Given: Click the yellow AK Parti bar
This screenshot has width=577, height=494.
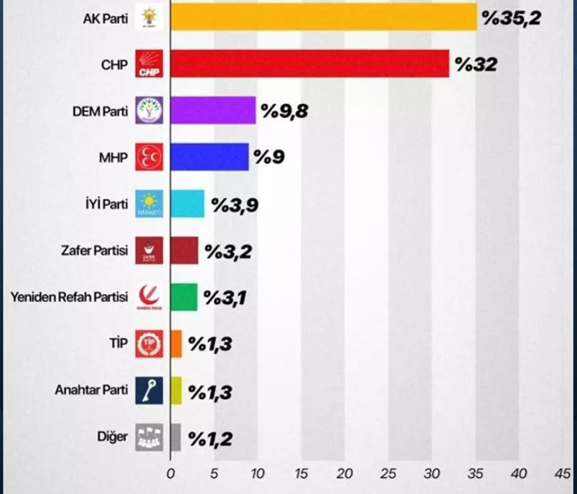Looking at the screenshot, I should click(324, 17).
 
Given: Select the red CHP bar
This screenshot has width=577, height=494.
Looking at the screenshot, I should click(309, 64).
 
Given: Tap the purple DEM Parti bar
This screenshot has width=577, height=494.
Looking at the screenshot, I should click(213, 110).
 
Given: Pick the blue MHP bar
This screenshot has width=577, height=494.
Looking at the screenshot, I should click(210, 157).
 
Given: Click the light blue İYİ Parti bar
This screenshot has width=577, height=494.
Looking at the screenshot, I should click(187, 204).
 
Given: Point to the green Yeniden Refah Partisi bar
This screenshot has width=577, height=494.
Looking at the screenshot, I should click(184, 297).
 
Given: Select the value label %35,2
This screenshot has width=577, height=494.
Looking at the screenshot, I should click(511, 18).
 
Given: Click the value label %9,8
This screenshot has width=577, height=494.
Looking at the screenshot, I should click(285, 111).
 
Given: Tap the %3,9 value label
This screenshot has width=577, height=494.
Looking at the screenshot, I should click(235, 204).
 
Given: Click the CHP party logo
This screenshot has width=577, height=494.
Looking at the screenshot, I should click(149, 64).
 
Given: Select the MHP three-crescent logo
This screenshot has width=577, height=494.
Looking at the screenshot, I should click(149, 157).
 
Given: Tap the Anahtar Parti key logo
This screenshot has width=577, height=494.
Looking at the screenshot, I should click(149, 390).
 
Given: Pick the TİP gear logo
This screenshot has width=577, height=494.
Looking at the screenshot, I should click(149, 343).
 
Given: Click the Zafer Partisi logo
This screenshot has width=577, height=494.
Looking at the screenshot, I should click(149, 250).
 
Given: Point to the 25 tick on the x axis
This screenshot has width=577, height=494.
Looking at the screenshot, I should click(388, 474).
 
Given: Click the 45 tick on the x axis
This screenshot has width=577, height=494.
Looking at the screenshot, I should click(563, 474).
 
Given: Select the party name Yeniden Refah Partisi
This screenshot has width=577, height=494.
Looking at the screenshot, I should click(70, 297).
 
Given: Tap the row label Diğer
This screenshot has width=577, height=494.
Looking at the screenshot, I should click(112, 437).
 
